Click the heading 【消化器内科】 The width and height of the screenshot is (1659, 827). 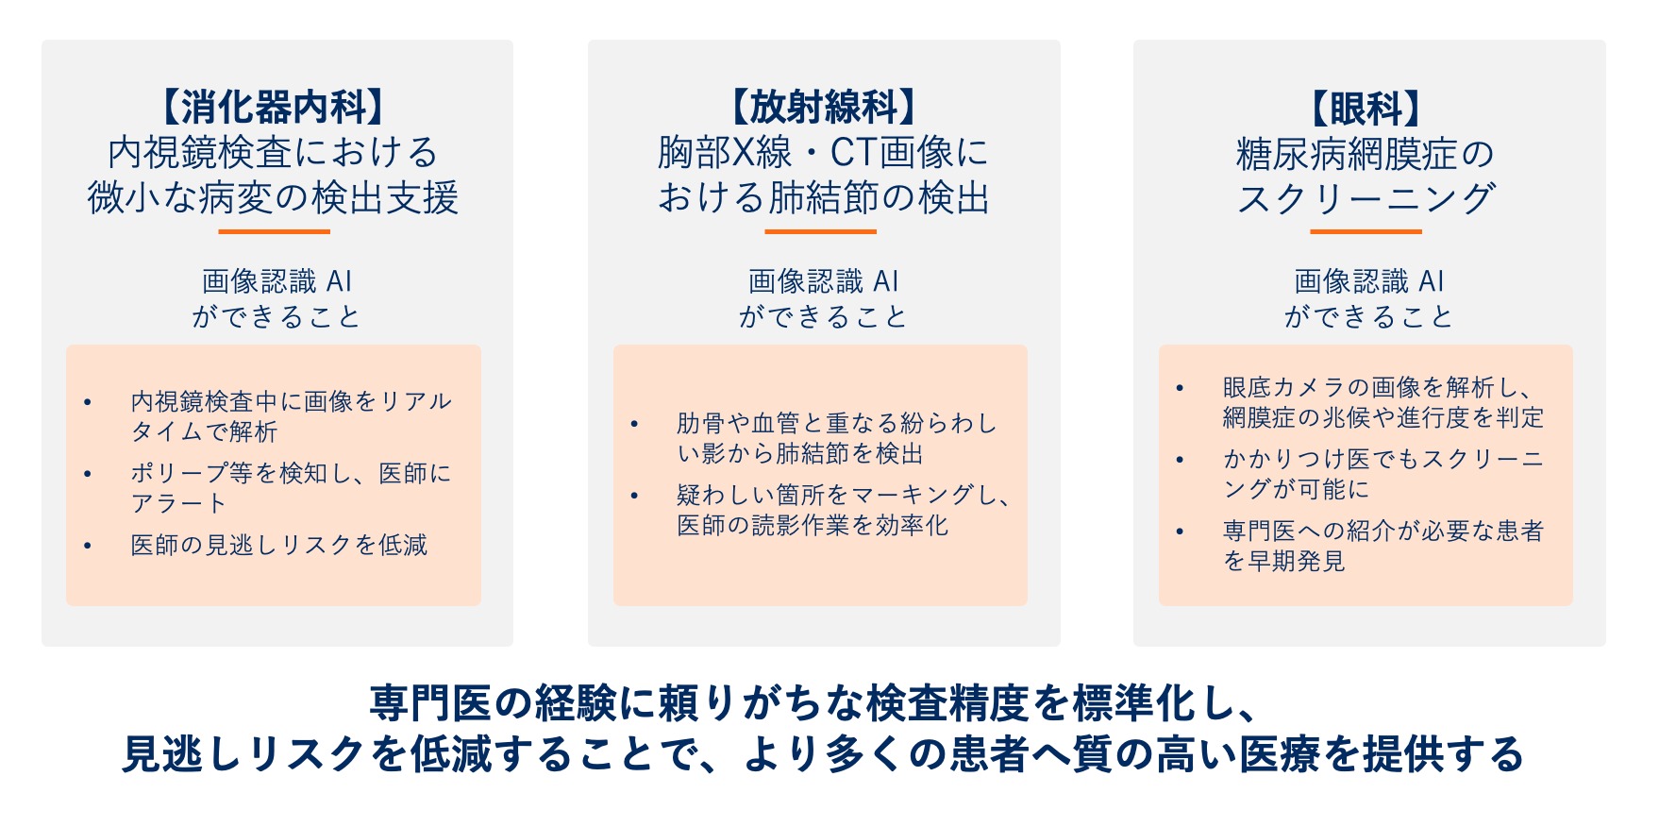click(274, 107)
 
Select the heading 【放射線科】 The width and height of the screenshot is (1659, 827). click(824, 107)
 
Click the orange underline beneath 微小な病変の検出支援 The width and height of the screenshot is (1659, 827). click(275, 231)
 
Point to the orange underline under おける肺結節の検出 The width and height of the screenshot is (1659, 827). click(821, 231)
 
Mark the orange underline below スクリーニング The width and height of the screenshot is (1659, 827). click(1366, 231)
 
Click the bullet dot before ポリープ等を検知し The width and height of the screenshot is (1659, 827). click(88, 474)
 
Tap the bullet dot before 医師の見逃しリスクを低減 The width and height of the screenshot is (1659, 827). click(88, 546)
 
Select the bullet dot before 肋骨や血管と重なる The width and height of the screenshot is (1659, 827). click(634, 424)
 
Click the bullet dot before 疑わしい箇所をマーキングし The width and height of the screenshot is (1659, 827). click(634, 496)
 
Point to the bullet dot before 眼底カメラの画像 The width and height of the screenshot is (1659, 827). click(1180, 388)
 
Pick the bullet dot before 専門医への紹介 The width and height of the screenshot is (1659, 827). click(1180, 532)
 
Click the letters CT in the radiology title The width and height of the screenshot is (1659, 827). click(854, 153)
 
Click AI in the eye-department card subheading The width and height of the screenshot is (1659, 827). click(1432, 281)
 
